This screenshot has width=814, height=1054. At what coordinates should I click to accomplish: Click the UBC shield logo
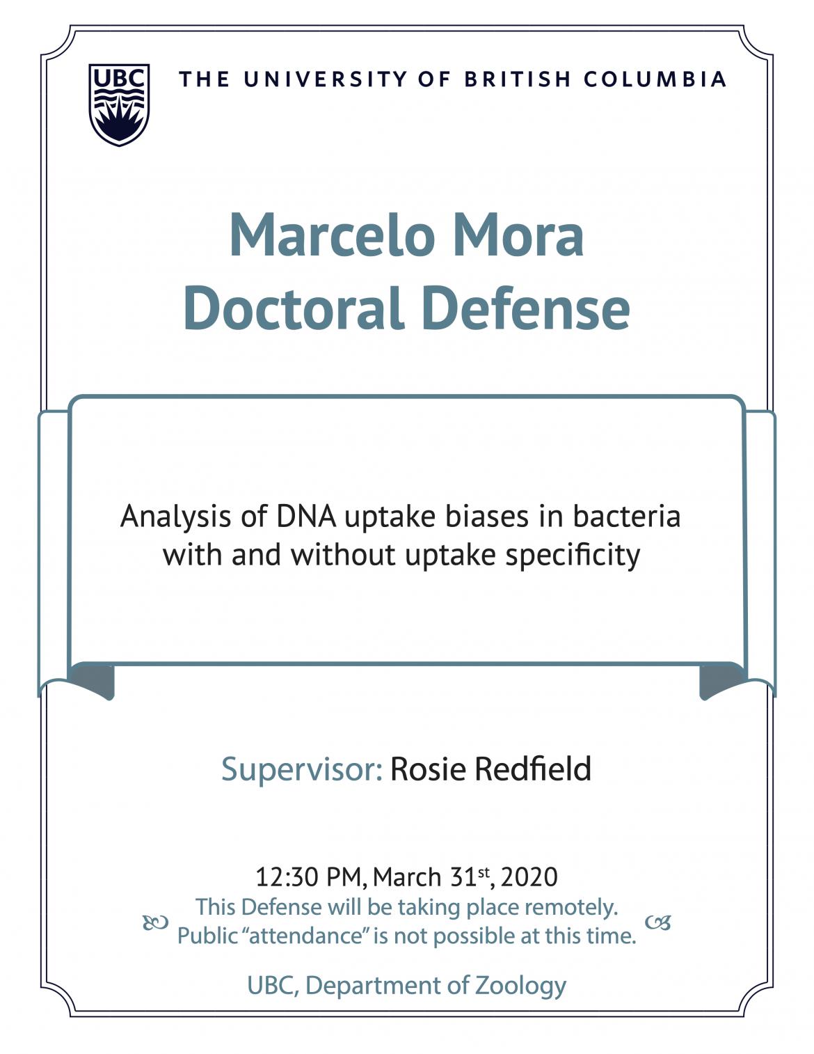point(119,104)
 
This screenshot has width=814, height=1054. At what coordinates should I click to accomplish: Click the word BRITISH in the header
point(518,79)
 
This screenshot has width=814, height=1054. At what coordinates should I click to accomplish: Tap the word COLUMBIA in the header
point(655,79)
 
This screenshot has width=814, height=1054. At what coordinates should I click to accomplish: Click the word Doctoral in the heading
point(294,308)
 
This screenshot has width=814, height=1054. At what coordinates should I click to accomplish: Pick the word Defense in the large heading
point(526,308)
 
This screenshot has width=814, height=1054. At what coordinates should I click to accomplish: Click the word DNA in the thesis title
point(306,516)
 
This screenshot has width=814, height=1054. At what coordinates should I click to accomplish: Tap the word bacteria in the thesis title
point(627,516)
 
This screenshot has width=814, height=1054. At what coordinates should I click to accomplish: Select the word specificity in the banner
point(573,556)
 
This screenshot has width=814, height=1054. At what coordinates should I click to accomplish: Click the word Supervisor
point(302,769)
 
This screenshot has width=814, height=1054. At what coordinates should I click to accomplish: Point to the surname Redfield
point(532,768)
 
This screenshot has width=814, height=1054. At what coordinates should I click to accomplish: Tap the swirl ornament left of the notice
point(156,922)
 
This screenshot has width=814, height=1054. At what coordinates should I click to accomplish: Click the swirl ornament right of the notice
point(658,922)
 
